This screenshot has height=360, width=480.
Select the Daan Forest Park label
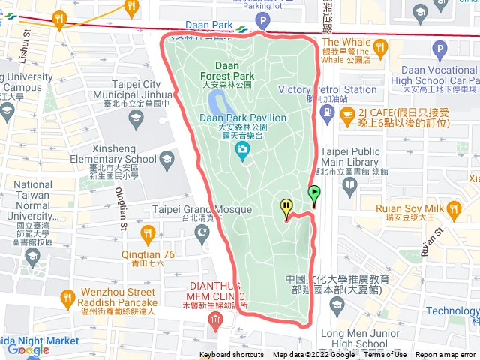coord(227,71)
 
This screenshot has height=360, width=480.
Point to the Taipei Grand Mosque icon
coord(202,233)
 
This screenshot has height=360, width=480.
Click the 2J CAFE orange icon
coord(346,114)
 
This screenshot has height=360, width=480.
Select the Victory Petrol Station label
coord(327,89)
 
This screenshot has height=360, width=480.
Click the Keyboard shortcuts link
coord(232,355)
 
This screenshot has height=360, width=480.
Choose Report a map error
coord(446,355)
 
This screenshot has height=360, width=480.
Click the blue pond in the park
coord(218,100)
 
